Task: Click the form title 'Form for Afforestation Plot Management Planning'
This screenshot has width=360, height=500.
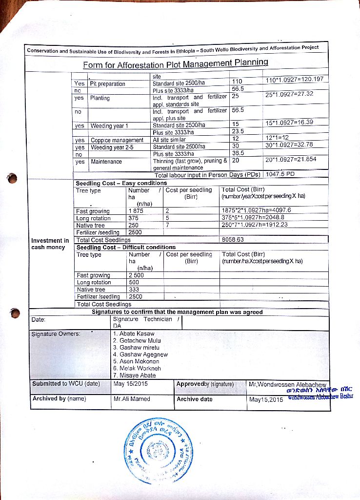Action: tap(176, 63)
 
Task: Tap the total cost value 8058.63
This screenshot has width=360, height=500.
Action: tap(233, 240)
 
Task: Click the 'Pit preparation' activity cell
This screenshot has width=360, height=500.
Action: tap(108, 84)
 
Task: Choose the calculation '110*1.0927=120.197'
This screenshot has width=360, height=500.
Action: tap(294, 80)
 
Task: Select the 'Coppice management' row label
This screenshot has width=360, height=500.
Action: tap(117, 140)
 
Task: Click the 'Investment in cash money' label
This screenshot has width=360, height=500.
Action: tap(50, 244)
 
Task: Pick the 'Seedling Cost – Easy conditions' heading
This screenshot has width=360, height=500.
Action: tap(121, 183)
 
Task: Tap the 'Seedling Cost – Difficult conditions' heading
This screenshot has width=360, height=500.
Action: tap(126, 247)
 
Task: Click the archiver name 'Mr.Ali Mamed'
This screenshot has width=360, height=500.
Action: tap(132, 399)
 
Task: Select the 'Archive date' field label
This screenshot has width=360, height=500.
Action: tap(195, 399)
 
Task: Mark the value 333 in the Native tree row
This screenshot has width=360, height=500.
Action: tap(134, 290)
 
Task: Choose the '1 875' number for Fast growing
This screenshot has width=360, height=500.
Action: tap(136, 211)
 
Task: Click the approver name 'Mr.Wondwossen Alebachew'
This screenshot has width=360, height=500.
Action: tap(287, 384)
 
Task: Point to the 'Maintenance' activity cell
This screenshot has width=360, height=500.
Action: tap(106, 162)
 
